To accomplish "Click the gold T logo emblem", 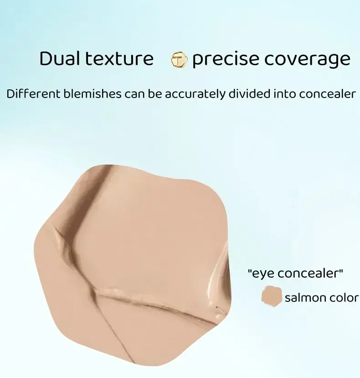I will click(x=179, y=60).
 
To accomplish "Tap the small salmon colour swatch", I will click(x=272, y=297).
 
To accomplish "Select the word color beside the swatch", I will click(x=343, y=298).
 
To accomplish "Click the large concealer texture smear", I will click(x=137, y=255).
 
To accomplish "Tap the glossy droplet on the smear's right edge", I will click(x=219, y=314).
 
